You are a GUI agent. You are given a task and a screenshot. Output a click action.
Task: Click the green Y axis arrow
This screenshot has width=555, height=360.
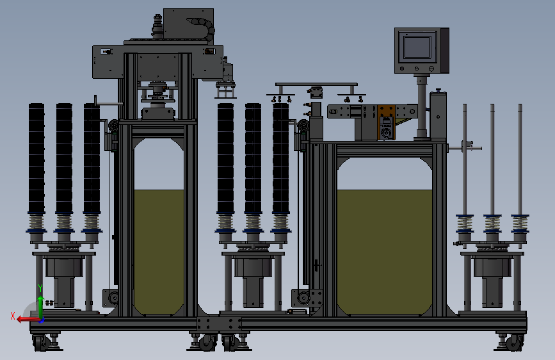[40, 306]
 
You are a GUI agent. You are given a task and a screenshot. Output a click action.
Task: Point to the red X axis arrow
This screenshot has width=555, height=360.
[28, 320]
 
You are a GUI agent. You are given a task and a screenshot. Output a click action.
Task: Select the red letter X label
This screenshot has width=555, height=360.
[13, 316]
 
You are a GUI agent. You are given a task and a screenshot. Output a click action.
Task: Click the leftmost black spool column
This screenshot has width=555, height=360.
[36, 158]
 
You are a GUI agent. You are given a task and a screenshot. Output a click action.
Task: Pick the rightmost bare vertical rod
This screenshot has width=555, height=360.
[520, 159]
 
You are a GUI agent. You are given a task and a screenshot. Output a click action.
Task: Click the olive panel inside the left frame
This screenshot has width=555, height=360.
[159, 252]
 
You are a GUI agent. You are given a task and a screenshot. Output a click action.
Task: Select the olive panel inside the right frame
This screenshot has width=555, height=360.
[385, 252]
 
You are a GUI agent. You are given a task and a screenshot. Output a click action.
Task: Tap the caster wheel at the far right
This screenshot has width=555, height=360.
[513, 343]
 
